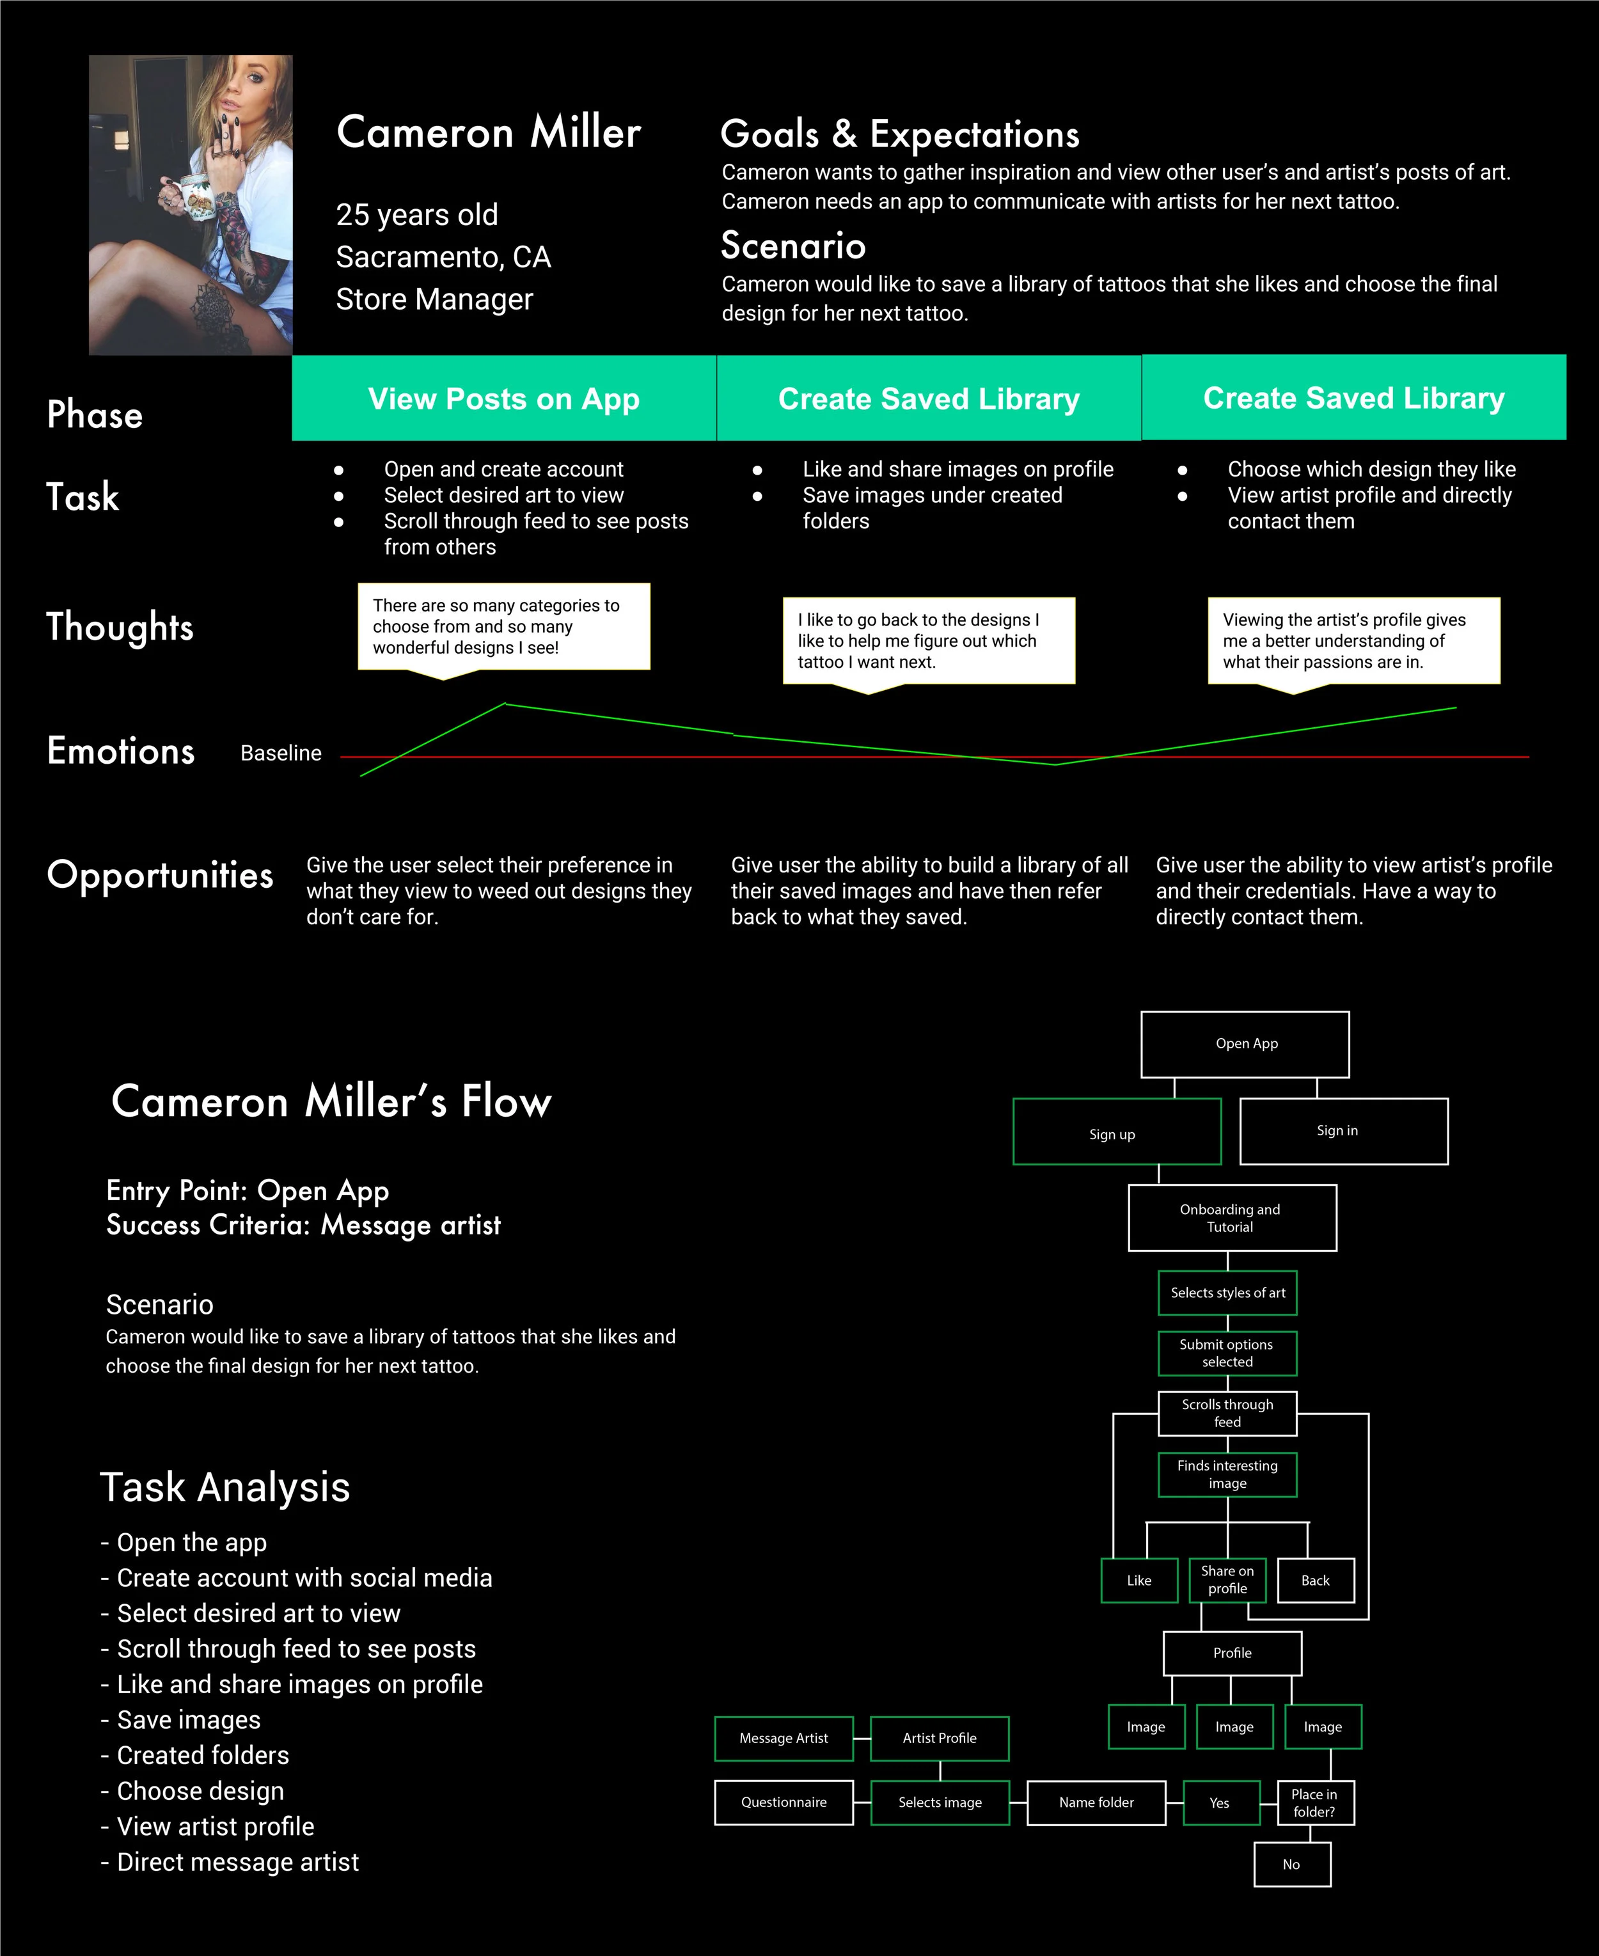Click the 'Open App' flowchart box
(x=1245, y=1045)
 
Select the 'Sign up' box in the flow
(x=1116, y=1131)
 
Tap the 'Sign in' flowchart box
(x=1343, y=1131)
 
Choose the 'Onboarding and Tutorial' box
(x=1231, y=1217)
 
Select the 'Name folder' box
(x=1096, y=1802)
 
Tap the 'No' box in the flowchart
(x=1291, y=1864)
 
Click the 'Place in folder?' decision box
(x=1314, y=1802)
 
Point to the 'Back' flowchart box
(x=1315, y=1581)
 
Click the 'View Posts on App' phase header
(x=504, y=398)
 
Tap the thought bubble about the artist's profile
(x=1353, y=641)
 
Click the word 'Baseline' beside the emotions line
(x=281, y=753)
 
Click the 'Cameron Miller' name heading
(x=488, y=132)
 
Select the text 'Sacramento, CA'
(x=443, y=257)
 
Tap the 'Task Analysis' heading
(x=224, y=1487)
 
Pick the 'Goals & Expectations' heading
(x=899, y=134)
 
